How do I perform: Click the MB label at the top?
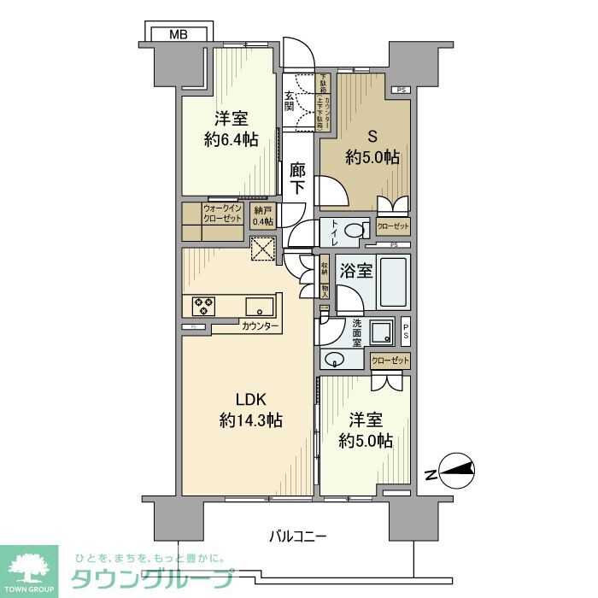pos(177,35)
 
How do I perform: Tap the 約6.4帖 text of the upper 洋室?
pos(232,140)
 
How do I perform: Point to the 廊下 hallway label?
pos(296,179)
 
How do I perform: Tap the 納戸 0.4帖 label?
pos(263,216)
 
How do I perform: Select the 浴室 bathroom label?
pos(356,273)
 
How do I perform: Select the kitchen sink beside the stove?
pos(258,306)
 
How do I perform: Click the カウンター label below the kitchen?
pos(260,326)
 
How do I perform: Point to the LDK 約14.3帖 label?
pos(250,410)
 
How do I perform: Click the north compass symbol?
pos(454,469)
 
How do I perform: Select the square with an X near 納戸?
pos(263,249)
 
